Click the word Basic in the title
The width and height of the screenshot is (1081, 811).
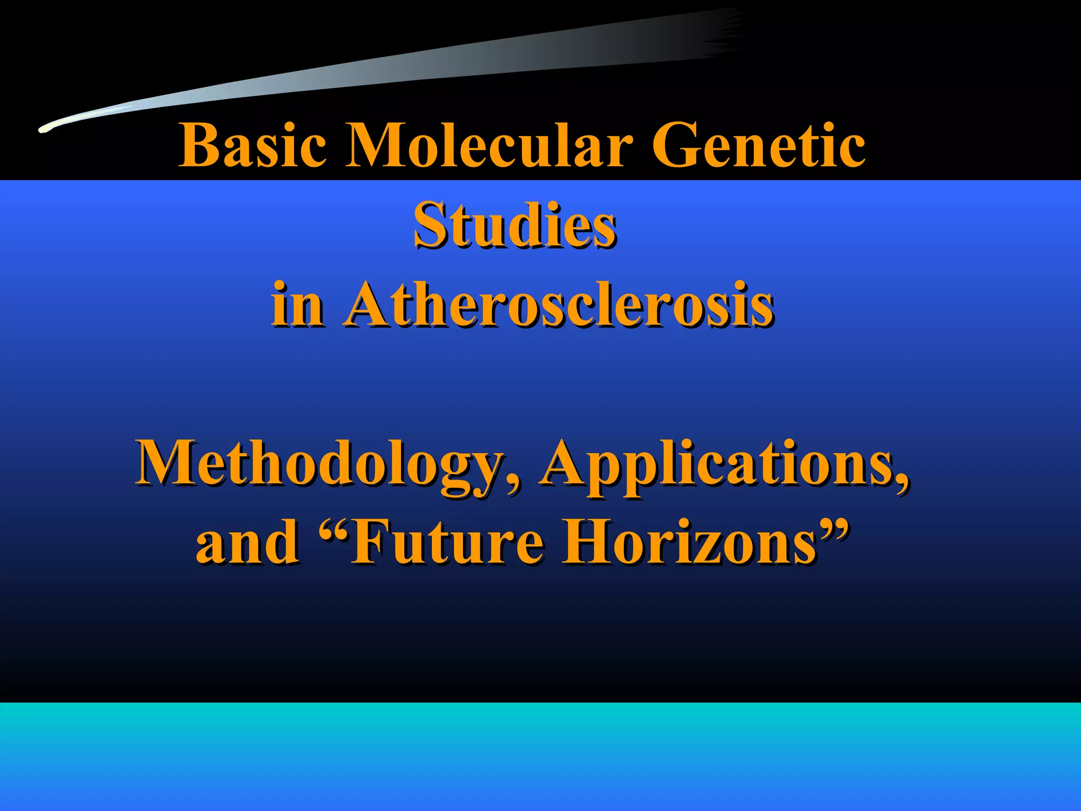pos(252,145)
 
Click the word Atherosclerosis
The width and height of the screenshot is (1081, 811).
pos(559,305)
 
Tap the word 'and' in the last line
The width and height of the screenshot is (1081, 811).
pos(247,542)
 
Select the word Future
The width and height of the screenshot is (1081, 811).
pos(446,542)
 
